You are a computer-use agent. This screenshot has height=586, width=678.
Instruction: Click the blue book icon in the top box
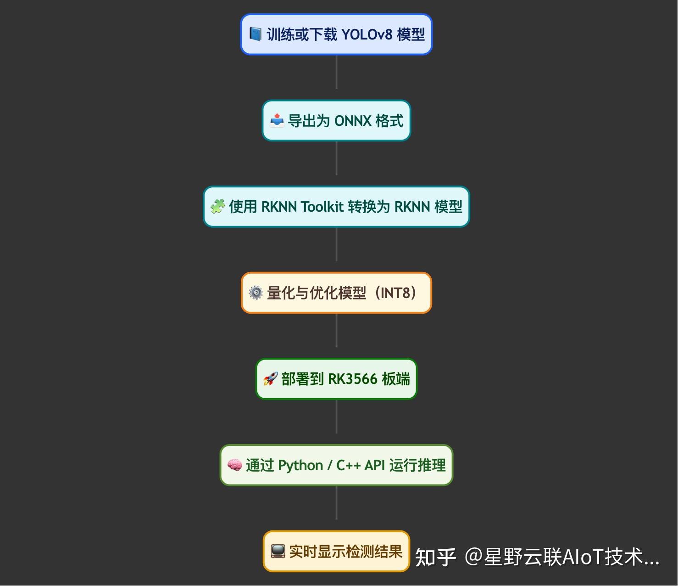click(x=255, y=34)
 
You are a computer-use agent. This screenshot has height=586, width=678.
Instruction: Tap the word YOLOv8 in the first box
click(x=367, y=34)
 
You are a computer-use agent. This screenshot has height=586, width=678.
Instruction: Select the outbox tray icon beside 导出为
click(x=277, y=120)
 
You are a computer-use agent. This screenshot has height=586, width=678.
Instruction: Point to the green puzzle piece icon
click(x=218, y=206)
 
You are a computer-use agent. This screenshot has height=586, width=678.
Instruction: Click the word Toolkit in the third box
click(x=322, y=207)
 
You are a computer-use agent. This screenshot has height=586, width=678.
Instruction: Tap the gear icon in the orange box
click(x=256, y=293)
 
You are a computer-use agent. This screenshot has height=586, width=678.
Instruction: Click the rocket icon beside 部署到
click(x=270, y=379)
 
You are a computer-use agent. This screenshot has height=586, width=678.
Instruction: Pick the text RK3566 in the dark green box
click(x=353, y=379)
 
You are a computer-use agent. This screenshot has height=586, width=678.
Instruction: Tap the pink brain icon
click(x=234, y=465)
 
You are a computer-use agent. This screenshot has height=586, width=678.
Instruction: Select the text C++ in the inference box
click(x=348, y=465)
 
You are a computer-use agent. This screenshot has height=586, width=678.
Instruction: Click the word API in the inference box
click(x=375, y=465)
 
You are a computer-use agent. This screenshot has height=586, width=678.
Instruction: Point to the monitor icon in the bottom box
click(x=278, y=551)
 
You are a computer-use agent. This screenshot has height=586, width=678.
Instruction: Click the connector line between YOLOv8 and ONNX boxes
click(x=337, y=72)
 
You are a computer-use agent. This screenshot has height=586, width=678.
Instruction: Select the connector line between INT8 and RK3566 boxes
click(x=337, y=331)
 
